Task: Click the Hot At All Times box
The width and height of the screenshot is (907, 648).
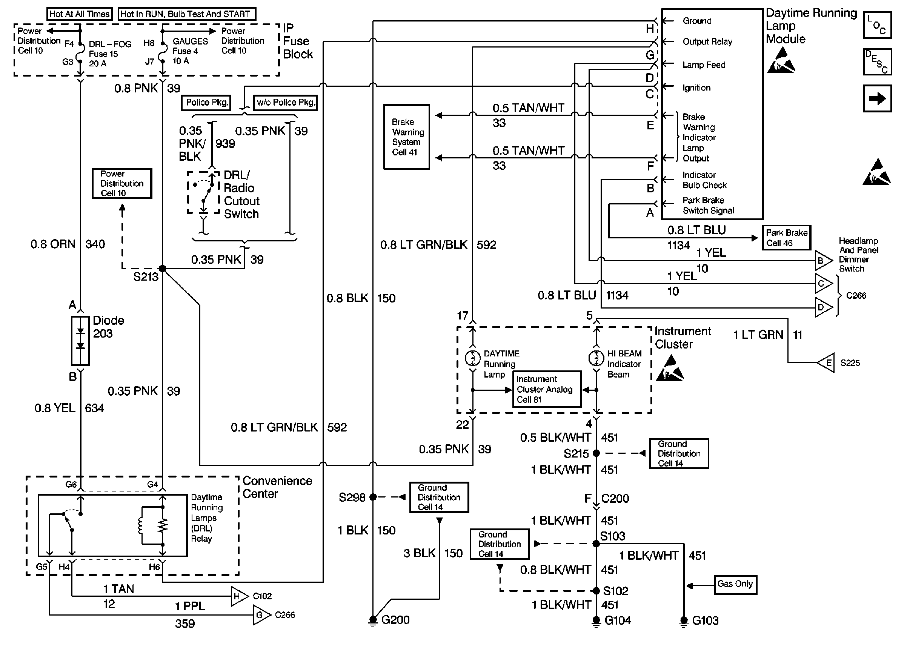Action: (79, 14)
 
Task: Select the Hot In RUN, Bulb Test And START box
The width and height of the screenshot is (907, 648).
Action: (187, 14)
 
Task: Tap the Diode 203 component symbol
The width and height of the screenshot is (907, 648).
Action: (81, 340)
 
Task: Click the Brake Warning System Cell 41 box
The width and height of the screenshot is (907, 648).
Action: (406, 137)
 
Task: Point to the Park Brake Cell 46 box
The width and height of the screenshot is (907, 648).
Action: (786, 238)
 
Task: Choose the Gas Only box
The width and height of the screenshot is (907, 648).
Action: (735, 585)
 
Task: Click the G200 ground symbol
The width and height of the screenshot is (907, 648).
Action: (373, 621)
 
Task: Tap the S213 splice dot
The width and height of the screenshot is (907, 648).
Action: (162, 269)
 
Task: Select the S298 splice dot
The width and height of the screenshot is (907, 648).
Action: (373, 497)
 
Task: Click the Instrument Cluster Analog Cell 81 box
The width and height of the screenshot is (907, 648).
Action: (546, 389)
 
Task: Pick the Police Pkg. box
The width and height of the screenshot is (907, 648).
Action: (206, 103)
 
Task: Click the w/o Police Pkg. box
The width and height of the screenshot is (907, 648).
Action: (285, 103)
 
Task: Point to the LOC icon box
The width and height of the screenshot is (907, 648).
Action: (877, 25)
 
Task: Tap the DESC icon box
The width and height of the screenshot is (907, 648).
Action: (877, 62)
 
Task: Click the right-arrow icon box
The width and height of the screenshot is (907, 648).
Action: (877, 98)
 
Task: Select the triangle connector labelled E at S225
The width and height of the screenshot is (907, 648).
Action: (826, 363)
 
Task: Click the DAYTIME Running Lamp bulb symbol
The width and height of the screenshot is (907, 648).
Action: (473, 358)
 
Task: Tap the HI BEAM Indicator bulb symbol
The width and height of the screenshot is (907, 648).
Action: (596, 358)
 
